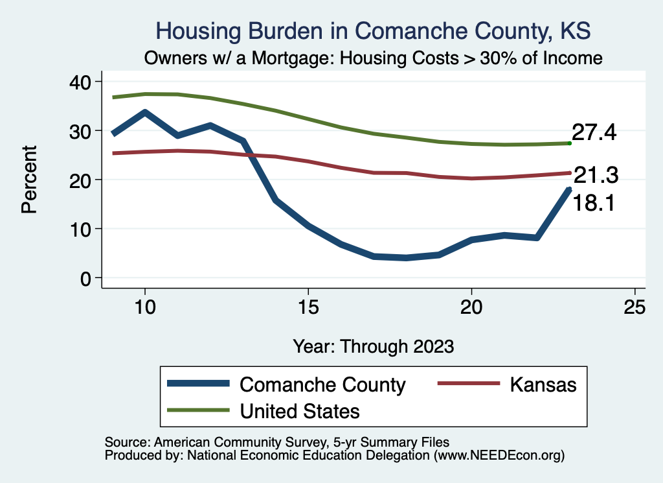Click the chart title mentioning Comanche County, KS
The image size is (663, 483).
point(374,31)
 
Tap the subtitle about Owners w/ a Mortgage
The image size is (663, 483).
point(374,58)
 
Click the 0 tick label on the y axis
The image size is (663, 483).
point(87,278)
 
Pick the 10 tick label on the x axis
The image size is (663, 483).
point(145,307)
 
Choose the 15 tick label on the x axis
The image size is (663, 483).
point(308,307)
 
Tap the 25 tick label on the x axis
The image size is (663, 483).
point(635,307)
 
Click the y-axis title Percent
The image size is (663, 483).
point(28,179)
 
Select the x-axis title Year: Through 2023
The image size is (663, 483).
point(373,346)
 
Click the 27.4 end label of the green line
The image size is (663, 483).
point(594,133)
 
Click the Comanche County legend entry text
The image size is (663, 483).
point(322,384)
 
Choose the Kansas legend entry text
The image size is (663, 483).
point(543,384)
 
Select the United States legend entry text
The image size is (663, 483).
point(299,410)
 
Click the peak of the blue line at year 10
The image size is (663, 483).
point(145,112)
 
